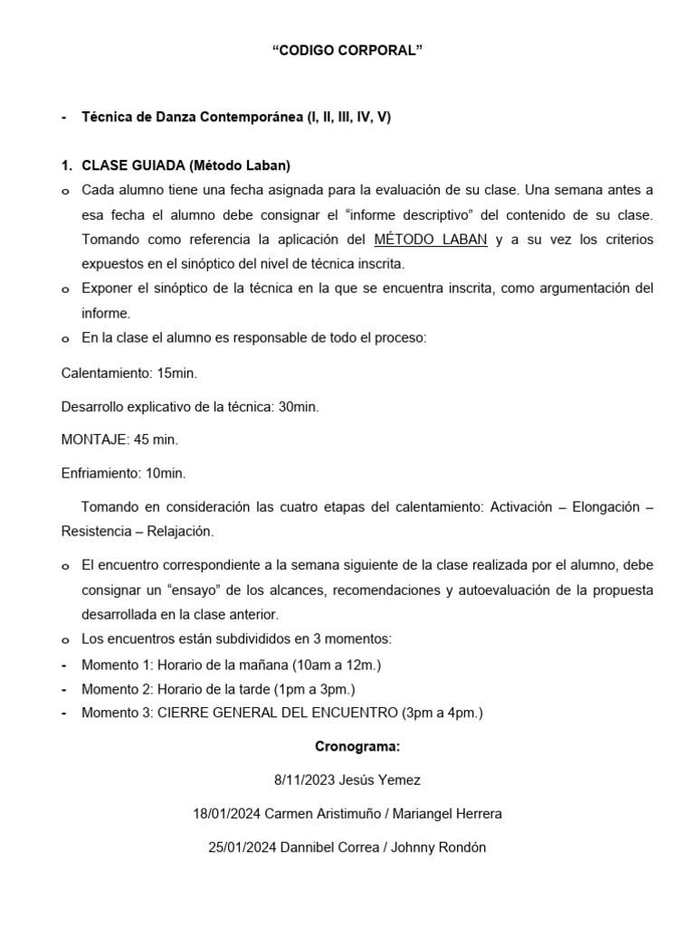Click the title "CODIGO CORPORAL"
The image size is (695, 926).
point(347,52)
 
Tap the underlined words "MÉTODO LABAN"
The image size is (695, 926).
point(431,240)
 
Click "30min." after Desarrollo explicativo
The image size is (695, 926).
point(299,407)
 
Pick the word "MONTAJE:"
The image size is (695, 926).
point(93,439)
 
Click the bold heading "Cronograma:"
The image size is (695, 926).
point(357,747)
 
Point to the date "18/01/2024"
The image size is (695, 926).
point(226,814)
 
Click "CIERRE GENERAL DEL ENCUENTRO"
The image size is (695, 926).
point(277,713)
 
